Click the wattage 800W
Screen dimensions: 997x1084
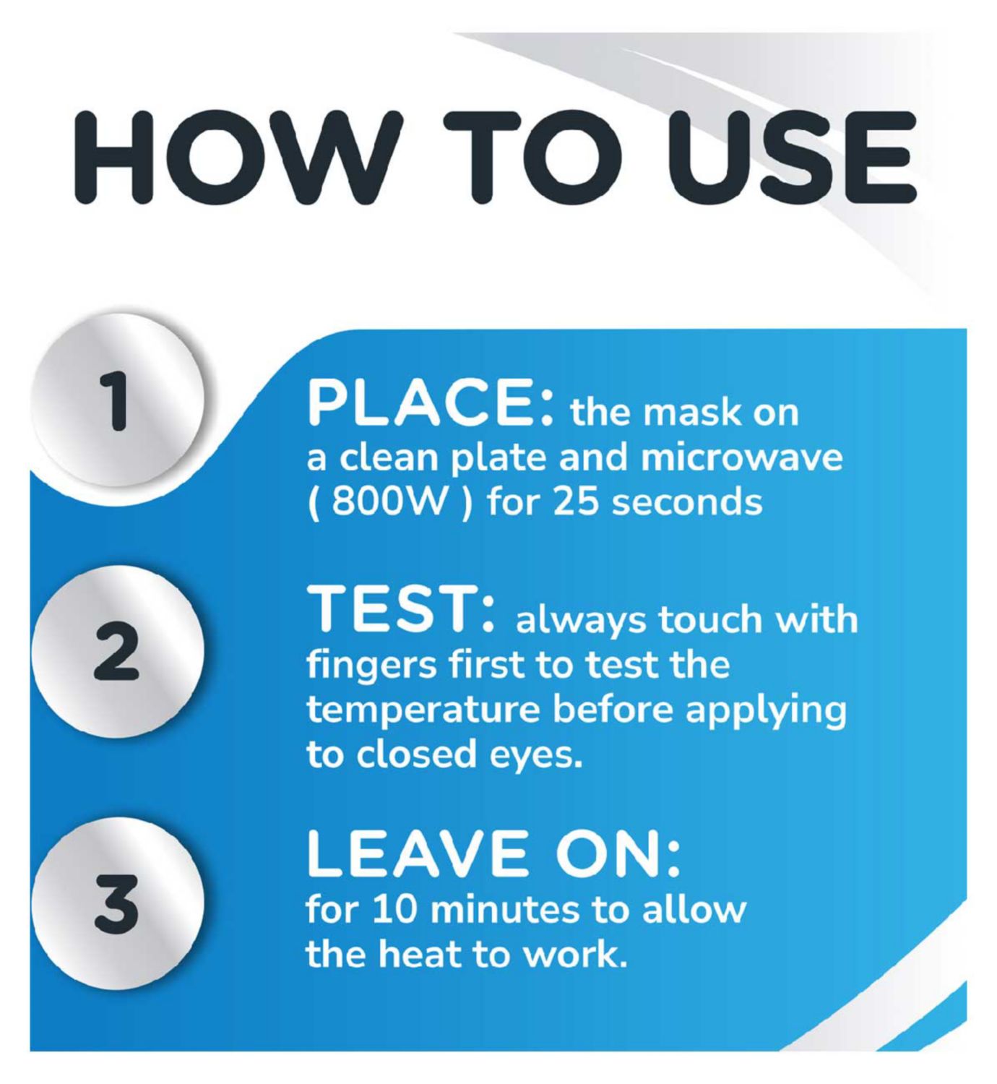pyautogui.click(x=389, y=503)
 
